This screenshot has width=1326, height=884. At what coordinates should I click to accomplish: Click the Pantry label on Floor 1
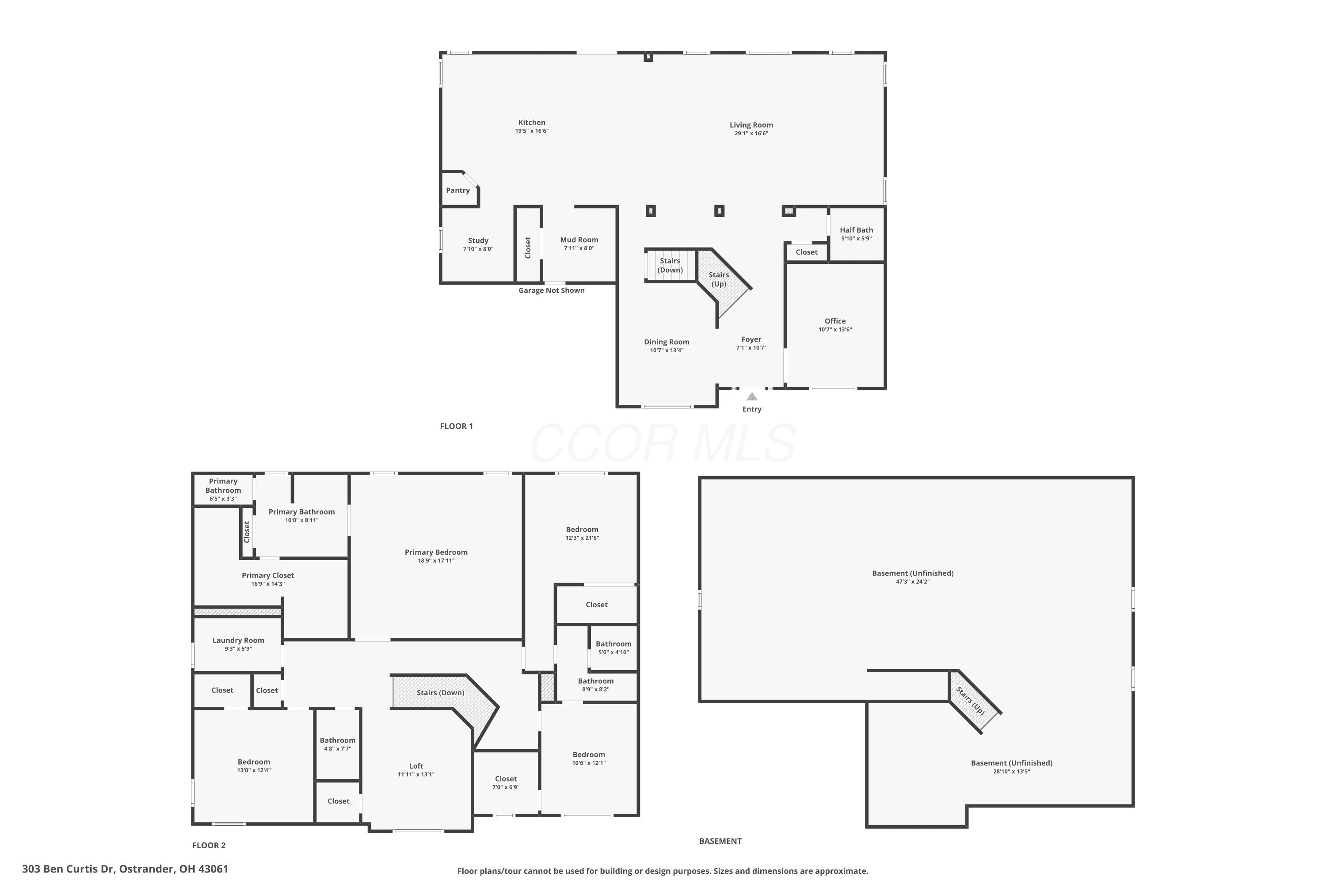[458, 191]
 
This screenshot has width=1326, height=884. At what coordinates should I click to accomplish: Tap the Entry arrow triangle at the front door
[752, 396]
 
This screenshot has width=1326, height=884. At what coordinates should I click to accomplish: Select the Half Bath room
[857, 234]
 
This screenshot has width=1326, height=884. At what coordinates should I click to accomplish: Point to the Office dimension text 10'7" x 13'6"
[835, 330]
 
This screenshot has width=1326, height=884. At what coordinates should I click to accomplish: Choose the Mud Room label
[579, 240]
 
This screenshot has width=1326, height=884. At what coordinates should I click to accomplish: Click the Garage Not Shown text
[551, 290]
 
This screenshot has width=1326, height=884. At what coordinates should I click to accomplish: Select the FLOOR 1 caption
[456, 426]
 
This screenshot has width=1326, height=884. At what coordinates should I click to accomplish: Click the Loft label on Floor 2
[416, 766]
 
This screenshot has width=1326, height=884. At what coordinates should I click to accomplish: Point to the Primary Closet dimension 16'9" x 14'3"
[268, 584]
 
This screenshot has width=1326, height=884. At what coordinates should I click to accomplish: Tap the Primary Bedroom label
[436, 552]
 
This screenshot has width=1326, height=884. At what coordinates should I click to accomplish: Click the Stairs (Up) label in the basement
[970, 701]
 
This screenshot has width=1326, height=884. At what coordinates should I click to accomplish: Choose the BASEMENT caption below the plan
[720, 841]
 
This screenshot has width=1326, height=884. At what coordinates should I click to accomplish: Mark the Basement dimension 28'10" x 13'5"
[1011, 772]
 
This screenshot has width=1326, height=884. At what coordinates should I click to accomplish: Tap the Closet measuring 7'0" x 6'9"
[506, 782]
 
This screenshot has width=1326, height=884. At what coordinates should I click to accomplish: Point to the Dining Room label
[667, 342]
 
